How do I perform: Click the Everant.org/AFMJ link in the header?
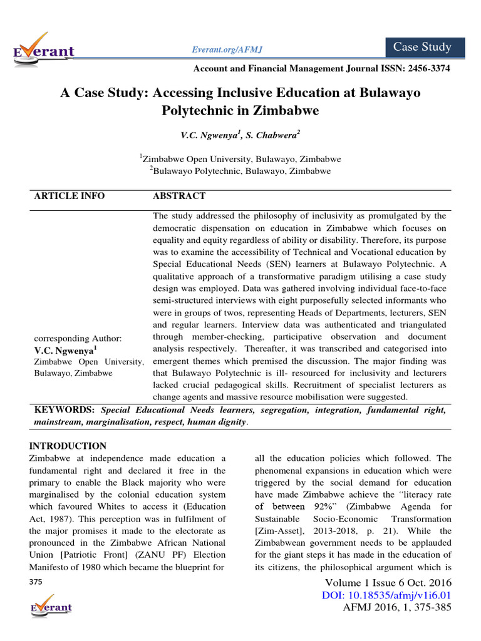[x=220, y=49]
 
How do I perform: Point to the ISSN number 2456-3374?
[x=426, y=68]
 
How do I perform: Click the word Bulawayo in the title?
[x=390, y=93]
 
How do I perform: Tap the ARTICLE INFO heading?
[x=70, y=196]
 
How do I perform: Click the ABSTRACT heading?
[x=179, y=196]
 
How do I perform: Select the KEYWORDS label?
[x=64, y=410]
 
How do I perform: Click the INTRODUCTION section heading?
[x=68, y=446]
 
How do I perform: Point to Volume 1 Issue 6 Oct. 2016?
[x=385, y=583]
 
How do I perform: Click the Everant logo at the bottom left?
[x=51, y=607]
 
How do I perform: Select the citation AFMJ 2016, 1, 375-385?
[x=398, y=607]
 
